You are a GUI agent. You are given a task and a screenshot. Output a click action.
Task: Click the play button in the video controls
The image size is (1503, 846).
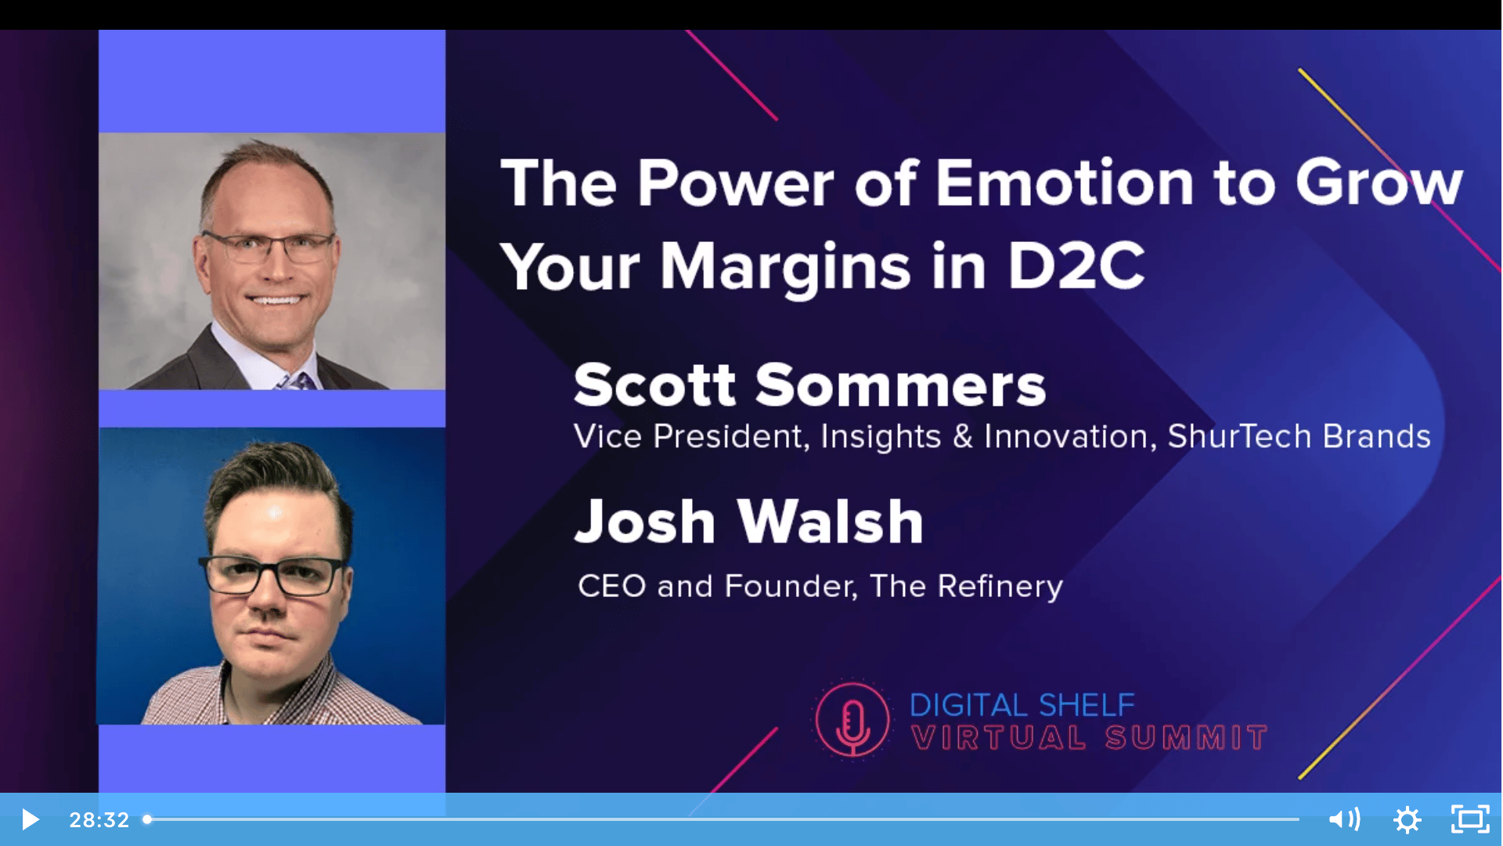click(31, 819)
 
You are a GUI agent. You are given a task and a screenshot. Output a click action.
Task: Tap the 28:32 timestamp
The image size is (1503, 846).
click(99, 819)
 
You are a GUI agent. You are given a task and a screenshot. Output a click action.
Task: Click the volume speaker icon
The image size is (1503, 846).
click(1344, 819)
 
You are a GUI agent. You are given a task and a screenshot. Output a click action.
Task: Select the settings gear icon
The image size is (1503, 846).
click(1407, 820)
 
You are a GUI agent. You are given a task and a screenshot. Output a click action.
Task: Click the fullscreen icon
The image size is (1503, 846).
click(1470, 819)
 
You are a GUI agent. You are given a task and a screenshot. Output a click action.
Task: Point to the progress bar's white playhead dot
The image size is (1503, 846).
click(146, 819)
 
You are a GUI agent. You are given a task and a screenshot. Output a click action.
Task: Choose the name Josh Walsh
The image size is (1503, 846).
click(749, 521)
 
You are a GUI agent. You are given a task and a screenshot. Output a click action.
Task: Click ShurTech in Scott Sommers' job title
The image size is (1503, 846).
click(1239, 436)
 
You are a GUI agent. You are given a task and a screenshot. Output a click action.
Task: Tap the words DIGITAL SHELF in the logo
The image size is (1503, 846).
click(1022, 705)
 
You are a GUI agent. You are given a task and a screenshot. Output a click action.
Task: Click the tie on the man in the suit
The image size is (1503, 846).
click(293, 381)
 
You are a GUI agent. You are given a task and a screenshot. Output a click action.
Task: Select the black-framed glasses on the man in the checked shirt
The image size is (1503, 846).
click(273, 576)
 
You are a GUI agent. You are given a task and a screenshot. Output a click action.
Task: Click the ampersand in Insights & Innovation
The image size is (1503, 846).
click(962, 437)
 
